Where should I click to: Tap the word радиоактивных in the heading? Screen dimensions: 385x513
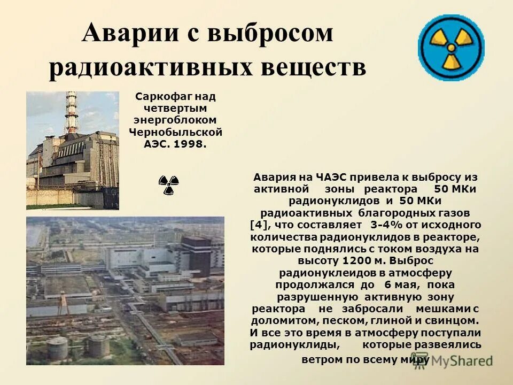coord(143,67)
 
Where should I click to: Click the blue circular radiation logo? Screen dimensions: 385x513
coord(451,48)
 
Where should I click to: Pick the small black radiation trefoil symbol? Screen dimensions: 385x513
coord(169,185)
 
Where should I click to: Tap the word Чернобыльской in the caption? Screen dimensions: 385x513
coord(175,132)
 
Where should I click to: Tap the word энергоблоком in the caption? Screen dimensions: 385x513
coord(175,120)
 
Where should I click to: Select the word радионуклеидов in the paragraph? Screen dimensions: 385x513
coord(315,273)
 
